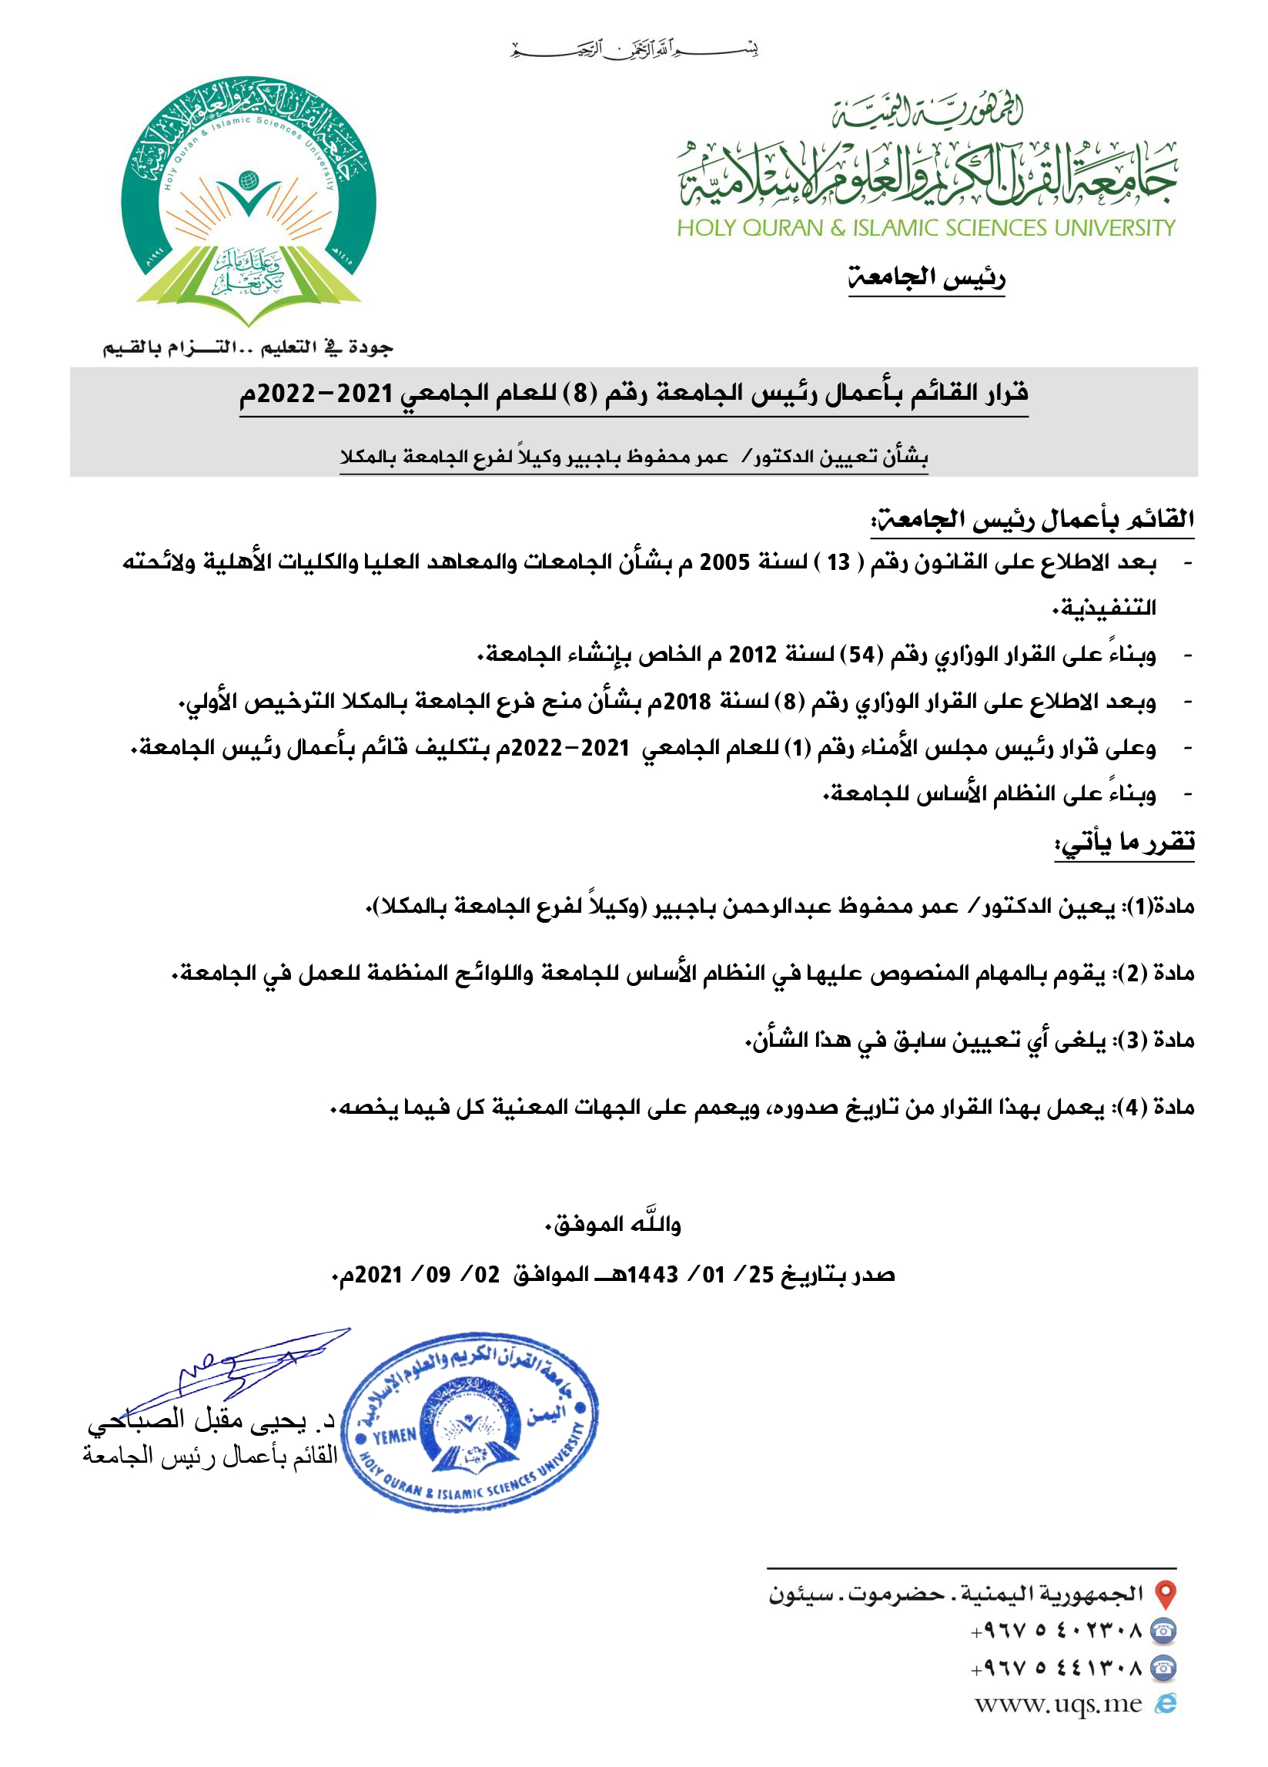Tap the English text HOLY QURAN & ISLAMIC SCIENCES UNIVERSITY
(x=925, y=228)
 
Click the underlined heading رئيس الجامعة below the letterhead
(x=926, y=277)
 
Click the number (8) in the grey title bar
(x=580, y=393)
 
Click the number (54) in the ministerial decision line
(x=862, y=655)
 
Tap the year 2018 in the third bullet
(x=687, y=702)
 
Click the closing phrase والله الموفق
(x=612, y=1225)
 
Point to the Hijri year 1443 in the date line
(x=652, y=1276)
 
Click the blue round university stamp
(x=470, y=1423)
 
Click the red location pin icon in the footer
(x=1164, y=1594)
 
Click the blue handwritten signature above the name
(x=249, y=1367)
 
